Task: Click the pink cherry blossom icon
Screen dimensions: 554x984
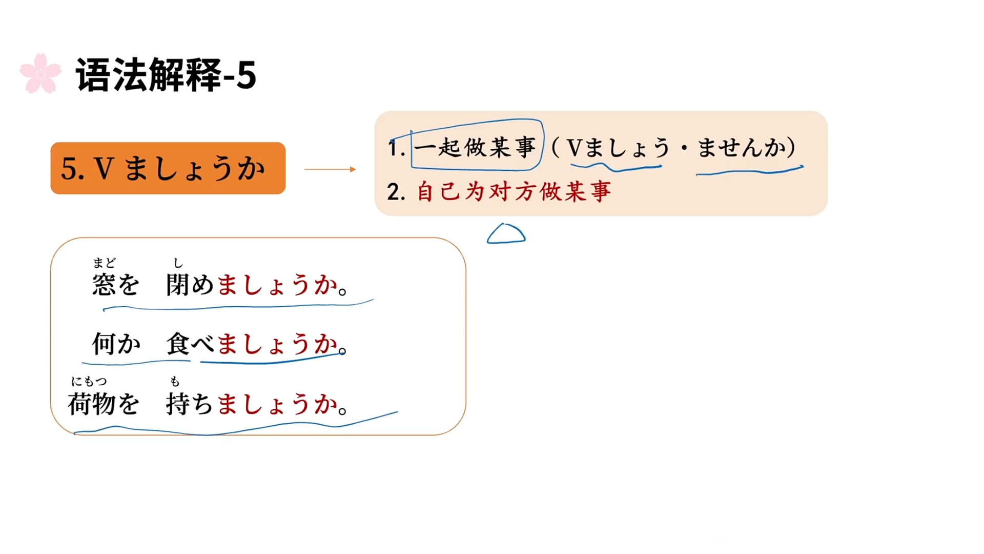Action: (40, 74)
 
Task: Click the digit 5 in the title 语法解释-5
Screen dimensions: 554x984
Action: (246, 75)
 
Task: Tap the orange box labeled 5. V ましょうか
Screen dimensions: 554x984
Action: (168, 168)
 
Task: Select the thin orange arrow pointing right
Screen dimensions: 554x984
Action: (330, 169)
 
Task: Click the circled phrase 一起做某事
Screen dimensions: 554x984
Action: (475, 147)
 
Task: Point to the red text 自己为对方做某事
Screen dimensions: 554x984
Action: (514, 192)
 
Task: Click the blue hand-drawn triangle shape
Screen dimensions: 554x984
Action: (506, 234)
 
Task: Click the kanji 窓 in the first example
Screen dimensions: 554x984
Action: (104, 285)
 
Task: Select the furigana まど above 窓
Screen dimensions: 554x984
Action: (104, 263)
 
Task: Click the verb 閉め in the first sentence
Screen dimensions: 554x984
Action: (190, 285)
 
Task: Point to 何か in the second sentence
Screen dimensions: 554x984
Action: (116, 344)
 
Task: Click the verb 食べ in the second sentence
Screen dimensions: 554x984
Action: (190, 344)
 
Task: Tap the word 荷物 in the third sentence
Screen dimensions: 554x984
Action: (92, 404)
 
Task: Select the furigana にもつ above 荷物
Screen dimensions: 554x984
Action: (89, 381)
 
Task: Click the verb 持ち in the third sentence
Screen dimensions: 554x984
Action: (189, 404)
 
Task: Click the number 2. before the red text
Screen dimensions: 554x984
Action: (396, 192)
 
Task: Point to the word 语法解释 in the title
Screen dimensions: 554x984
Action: (149, 75)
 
